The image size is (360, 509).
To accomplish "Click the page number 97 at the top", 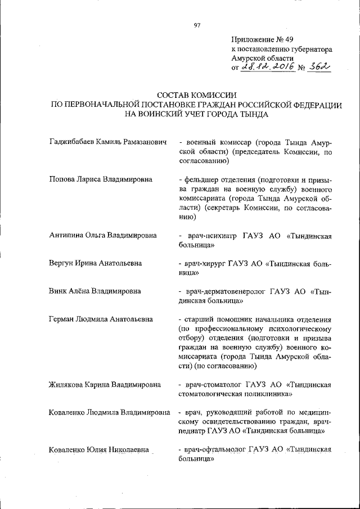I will (197, 25).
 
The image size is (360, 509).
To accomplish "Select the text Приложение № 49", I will (262, 40).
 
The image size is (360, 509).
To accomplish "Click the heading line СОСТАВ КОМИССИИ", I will (197, 96).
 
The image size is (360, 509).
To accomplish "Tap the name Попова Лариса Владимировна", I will (101, 179).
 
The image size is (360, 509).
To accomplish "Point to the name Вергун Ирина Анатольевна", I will (95, 263).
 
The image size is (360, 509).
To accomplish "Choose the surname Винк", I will (59, 291).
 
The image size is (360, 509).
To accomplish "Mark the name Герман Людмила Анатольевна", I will (101, 319).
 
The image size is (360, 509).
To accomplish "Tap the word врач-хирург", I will (202, 263).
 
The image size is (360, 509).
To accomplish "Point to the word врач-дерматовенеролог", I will (223, 291).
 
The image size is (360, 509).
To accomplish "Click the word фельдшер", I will (200, 179).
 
